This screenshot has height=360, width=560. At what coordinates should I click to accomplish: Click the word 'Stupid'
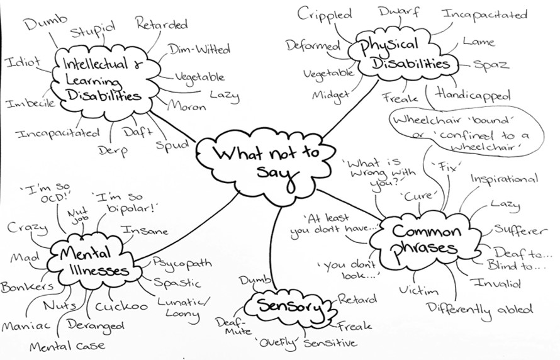[x=92, y=29]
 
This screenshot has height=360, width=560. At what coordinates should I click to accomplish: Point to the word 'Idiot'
[x=23, y=62]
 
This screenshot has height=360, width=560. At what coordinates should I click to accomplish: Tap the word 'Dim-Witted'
[x=199, y=49]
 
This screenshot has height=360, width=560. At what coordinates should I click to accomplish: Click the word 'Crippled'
[x=324, y=14]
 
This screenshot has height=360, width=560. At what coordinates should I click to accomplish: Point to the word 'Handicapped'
[x=472, y=95]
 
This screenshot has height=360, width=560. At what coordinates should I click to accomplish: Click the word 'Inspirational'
[x=504, y=179]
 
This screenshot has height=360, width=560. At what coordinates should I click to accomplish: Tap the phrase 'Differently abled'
[x=480, y=309]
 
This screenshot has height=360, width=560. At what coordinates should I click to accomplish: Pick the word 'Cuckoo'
[x=122, y=307]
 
